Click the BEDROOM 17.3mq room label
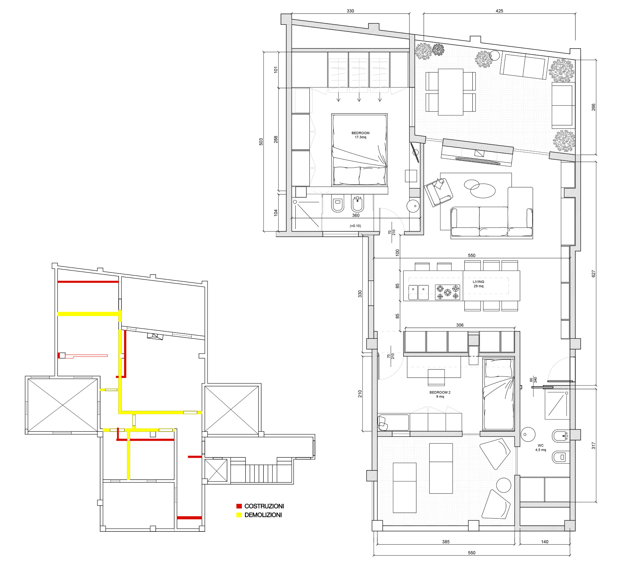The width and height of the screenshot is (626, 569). click(x=361, y=135)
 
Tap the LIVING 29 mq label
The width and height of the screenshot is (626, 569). click(x=479, y=284)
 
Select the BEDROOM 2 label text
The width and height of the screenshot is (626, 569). click(x=440, y=392)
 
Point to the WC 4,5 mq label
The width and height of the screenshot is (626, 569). click(x=541, y=448)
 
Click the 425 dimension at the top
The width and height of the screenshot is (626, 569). click(x=499, y=11)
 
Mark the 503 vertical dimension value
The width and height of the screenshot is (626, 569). click(x=261, y=142)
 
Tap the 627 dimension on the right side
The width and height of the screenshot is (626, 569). click(x=593, y=274)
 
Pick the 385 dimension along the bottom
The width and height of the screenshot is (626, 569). click(x=446, y=542)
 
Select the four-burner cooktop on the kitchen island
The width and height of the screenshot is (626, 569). click(x=448, y=292)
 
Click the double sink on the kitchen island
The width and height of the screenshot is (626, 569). click(x=418, y=292)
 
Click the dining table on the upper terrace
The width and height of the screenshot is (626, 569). click(x=450, y=92)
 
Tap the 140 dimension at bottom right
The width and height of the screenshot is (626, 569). click(x=545, y=542)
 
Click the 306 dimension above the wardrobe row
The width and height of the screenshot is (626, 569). click(x=460, y=325)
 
